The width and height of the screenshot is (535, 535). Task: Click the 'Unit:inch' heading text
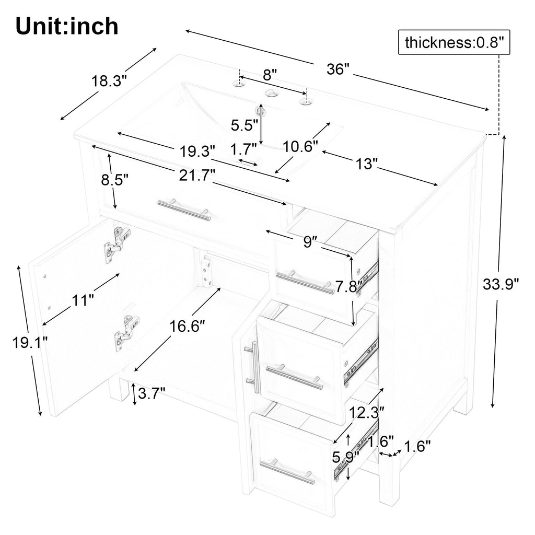[67, 26]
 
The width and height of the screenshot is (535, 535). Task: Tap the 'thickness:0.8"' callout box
[454, 42]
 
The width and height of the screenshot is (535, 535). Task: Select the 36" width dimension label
[338, 69]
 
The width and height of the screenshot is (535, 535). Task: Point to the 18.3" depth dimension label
[109, 81]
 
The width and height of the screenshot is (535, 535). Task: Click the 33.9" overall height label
[501, 284]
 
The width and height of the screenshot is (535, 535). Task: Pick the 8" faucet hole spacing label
[270, 74]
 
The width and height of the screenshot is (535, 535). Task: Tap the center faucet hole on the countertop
[272, 92]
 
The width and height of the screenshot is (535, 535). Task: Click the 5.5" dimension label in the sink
[245, 125]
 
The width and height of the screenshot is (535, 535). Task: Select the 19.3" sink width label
[197, 151]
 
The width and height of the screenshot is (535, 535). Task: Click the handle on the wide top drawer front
[184, 210]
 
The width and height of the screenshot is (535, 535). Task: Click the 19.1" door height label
[30, 342]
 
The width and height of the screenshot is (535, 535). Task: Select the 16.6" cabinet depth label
[187, 327]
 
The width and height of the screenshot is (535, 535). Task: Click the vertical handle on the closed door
[253, 366]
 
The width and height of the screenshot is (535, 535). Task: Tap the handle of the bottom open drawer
[287, 472]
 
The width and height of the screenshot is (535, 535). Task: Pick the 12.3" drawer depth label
[366, 413]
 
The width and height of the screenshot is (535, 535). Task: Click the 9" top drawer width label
[308, 242]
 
